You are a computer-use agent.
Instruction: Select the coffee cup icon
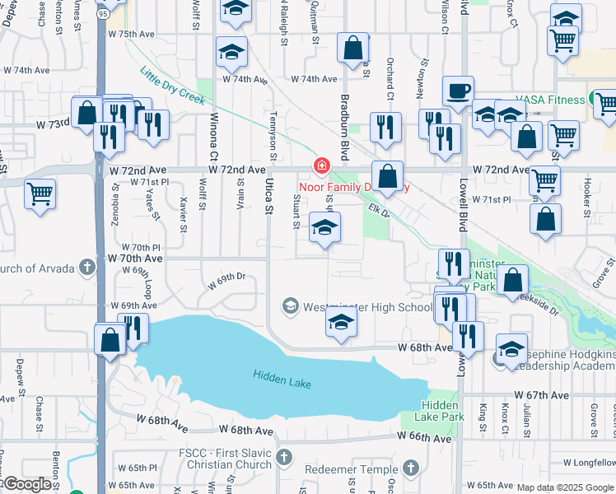[458, 91]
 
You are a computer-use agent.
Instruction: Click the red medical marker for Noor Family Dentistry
[320, 167]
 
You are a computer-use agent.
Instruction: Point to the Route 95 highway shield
[100, 13]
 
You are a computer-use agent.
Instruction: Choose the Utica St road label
[268, 198]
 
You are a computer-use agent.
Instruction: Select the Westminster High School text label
[367, 308]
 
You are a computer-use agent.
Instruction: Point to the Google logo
[26, 485]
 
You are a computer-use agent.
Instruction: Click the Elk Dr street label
[377, 210]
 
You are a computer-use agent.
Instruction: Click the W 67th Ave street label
[543, 395]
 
